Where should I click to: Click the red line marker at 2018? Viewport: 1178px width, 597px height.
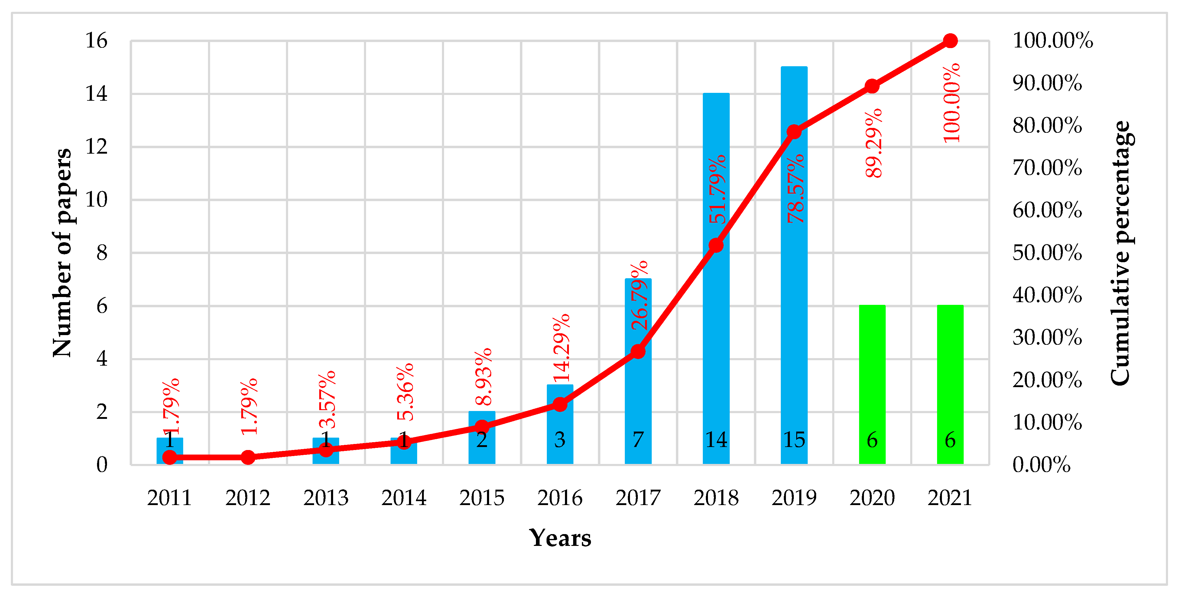pos(716,246)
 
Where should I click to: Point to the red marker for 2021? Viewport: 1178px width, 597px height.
pos(950,41)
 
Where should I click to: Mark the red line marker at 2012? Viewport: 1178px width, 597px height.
pos(248,457)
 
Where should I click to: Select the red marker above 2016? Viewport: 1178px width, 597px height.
pos(560,404)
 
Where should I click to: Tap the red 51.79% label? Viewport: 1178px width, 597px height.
pos(717,189)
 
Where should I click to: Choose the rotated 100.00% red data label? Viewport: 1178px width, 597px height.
pos(952,103)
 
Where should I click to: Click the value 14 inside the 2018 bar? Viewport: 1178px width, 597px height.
pos(716,440)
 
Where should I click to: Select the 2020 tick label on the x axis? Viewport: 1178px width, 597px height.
pos(872,498)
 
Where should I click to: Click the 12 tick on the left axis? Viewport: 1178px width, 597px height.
pos(96,147)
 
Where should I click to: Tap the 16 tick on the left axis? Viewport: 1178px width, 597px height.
pos(96,41)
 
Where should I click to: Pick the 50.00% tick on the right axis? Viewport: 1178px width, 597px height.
pos(1047,253)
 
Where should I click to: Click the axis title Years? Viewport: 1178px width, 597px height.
pos(560,538)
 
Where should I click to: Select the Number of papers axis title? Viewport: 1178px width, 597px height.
pos(62,253)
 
